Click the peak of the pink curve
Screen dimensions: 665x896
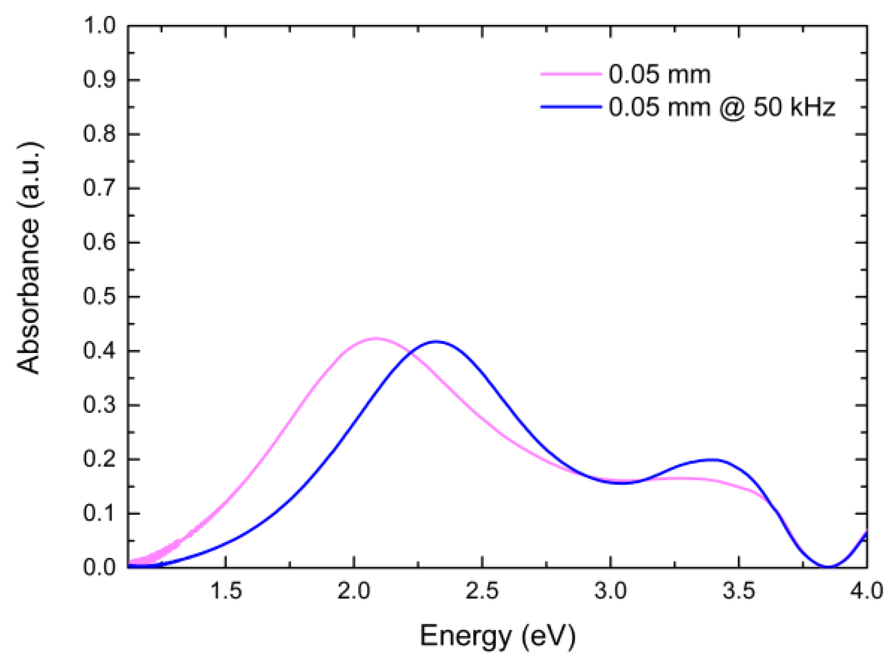point(376,338)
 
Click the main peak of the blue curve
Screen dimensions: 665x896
point(436,341)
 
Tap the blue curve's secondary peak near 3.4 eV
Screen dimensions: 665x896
point(713,459)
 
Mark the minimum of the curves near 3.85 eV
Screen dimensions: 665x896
point(828,566)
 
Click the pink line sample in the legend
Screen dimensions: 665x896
point(571,74)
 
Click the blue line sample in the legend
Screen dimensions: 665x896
point(571,107)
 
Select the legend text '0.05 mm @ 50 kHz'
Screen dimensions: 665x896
point(721,107)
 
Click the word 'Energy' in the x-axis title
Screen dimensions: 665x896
point(465,636)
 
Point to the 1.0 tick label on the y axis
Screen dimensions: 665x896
point(99,25)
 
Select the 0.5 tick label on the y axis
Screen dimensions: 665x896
point(99,297)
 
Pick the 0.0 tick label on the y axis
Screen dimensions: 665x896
point(99,567)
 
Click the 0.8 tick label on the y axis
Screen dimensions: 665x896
point(99,134)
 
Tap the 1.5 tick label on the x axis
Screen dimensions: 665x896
point(226,591)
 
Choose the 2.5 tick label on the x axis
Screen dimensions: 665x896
point(482,591)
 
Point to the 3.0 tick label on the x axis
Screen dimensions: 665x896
point(611,591)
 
